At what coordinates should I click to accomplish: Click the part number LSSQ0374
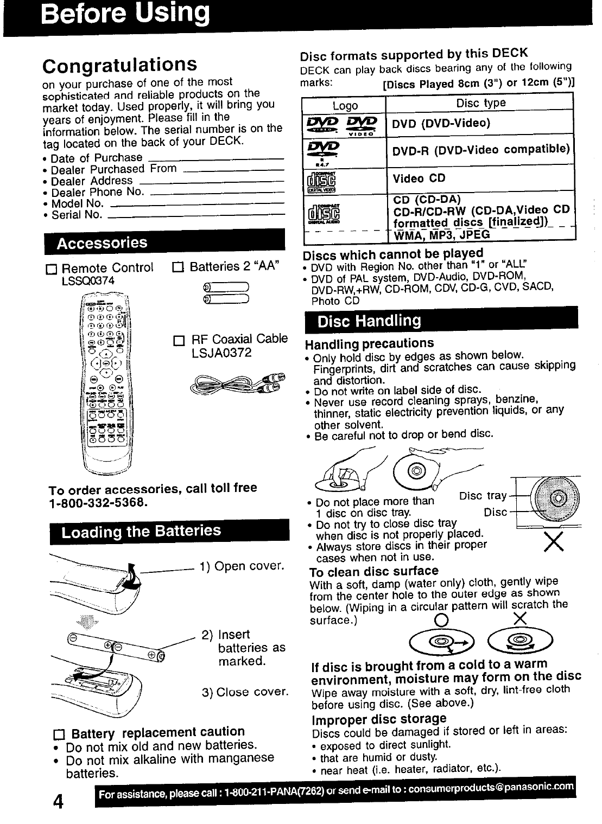pyautogui.click(x=88, y=280)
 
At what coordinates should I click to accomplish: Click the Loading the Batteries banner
pyautogui.click(x=141, y=531)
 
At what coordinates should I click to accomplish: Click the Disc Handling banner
pyautogui.click(x=369, y=321)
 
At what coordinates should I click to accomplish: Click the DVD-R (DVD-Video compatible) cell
pyautogui.click(x=481, y=149)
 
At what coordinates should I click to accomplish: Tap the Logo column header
pyautogui.click(x=345, y=106)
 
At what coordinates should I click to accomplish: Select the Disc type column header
pyautogui.click(x=480, y=103)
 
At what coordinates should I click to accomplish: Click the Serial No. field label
pyautogui.click(x=77, y=215)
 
